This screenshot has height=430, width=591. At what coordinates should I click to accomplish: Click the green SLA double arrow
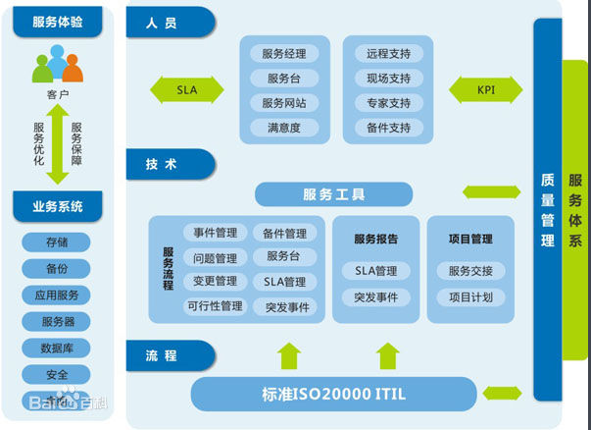click(x=187, y=90)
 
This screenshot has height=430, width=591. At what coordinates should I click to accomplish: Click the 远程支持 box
click(x=388, y=54)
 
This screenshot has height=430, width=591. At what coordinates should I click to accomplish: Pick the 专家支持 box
click(x=388, y=103)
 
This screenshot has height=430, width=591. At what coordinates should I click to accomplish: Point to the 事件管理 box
click(x=216, y=234)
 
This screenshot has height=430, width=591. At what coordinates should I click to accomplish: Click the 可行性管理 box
click(x=216, y=306)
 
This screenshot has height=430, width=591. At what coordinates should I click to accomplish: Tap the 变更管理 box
click(x=216, y=282)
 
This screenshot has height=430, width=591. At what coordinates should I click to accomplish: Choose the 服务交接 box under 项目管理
click(x=470, y=271)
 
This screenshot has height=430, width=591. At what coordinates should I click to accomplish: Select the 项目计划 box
click(x=470, y=296)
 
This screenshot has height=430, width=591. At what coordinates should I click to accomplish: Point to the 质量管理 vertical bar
click(x=547, y=208)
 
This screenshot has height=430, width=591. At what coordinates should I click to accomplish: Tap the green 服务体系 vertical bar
click(x=575, y=208)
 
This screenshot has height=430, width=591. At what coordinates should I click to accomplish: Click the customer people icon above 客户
click(x=57, y=65)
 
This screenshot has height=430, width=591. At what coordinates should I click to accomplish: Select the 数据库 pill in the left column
click(x=57, y=348)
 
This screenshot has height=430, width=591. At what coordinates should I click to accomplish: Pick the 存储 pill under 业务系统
click(x=57, y=242)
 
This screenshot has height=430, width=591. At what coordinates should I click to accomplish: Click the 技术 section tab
click(x=169, y=164)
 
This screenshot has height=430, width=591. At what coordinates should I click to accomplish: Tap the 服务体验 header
click(x=57, y=22)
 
